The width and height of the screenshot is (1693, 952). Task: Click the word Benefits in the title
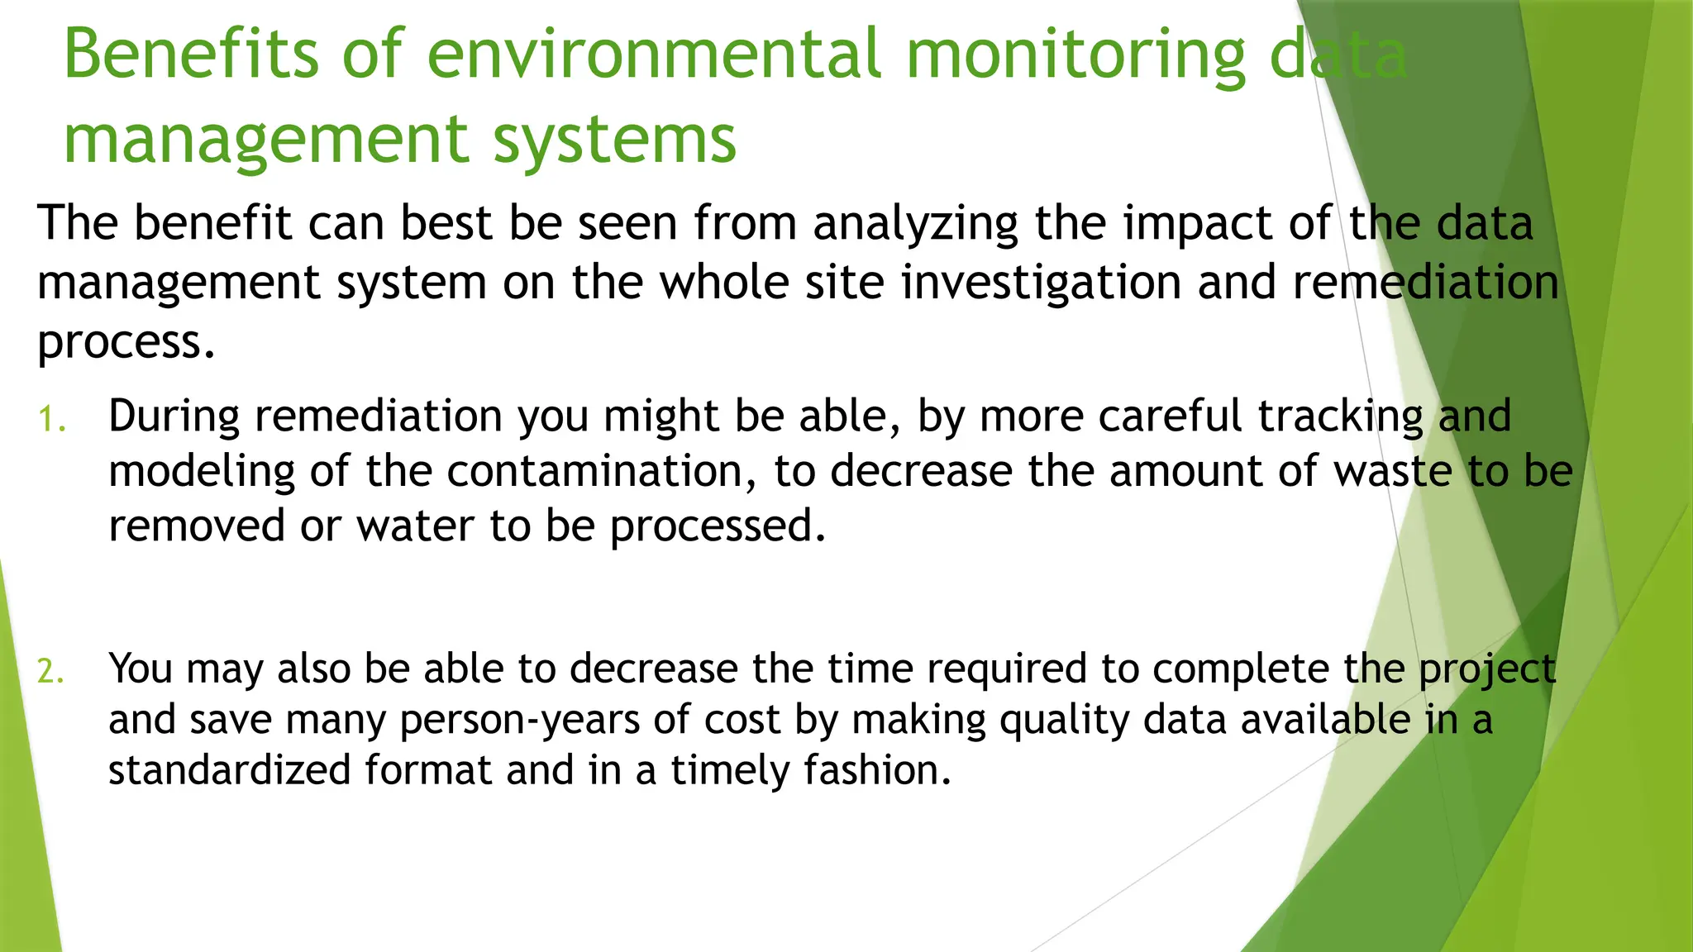[x=190, y=55]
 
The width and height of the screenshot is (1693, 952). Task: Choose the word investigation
[x=1041, y=283]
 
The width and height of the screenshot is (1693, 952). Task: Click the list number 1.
[x=50, y=420]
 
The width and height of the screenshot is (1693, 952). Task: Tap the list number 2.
[x=50, y=672]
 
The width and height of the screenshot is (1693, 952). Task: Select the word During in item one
[x=174, y=416]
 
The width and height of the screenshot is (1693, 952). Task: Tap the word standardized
[x=230, y=770]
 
